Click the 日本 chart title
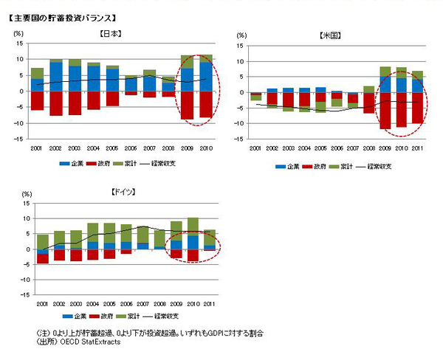111,34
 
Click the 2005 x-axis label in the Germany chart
109,303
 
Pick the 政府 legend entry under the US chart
314,166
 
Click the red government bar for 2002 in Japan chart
56,103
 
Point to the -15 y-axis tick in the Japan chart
19,139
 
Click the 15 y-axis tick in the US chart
238,46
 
